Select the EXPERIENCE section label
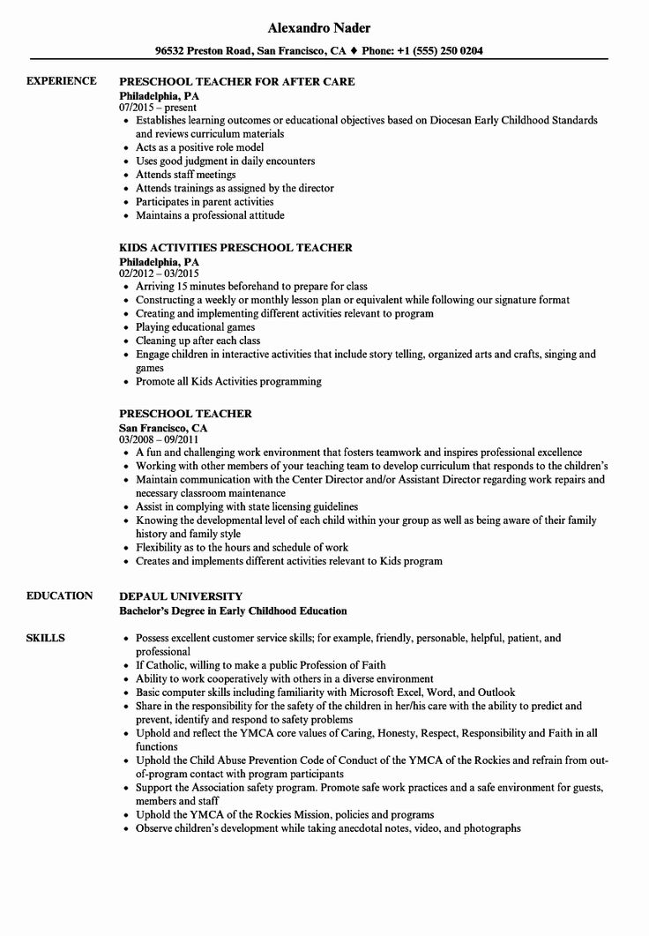61,81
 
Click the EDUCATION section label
59,595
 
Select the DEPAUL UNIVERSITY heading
181,596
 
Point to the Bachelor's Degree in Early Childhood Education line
233,610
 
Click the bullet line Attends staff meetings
185,175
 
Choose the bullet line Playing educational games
195,326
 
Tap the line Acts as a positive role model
199,147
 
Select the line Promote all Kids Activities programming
228,381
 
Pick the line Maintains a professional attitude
210,214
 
